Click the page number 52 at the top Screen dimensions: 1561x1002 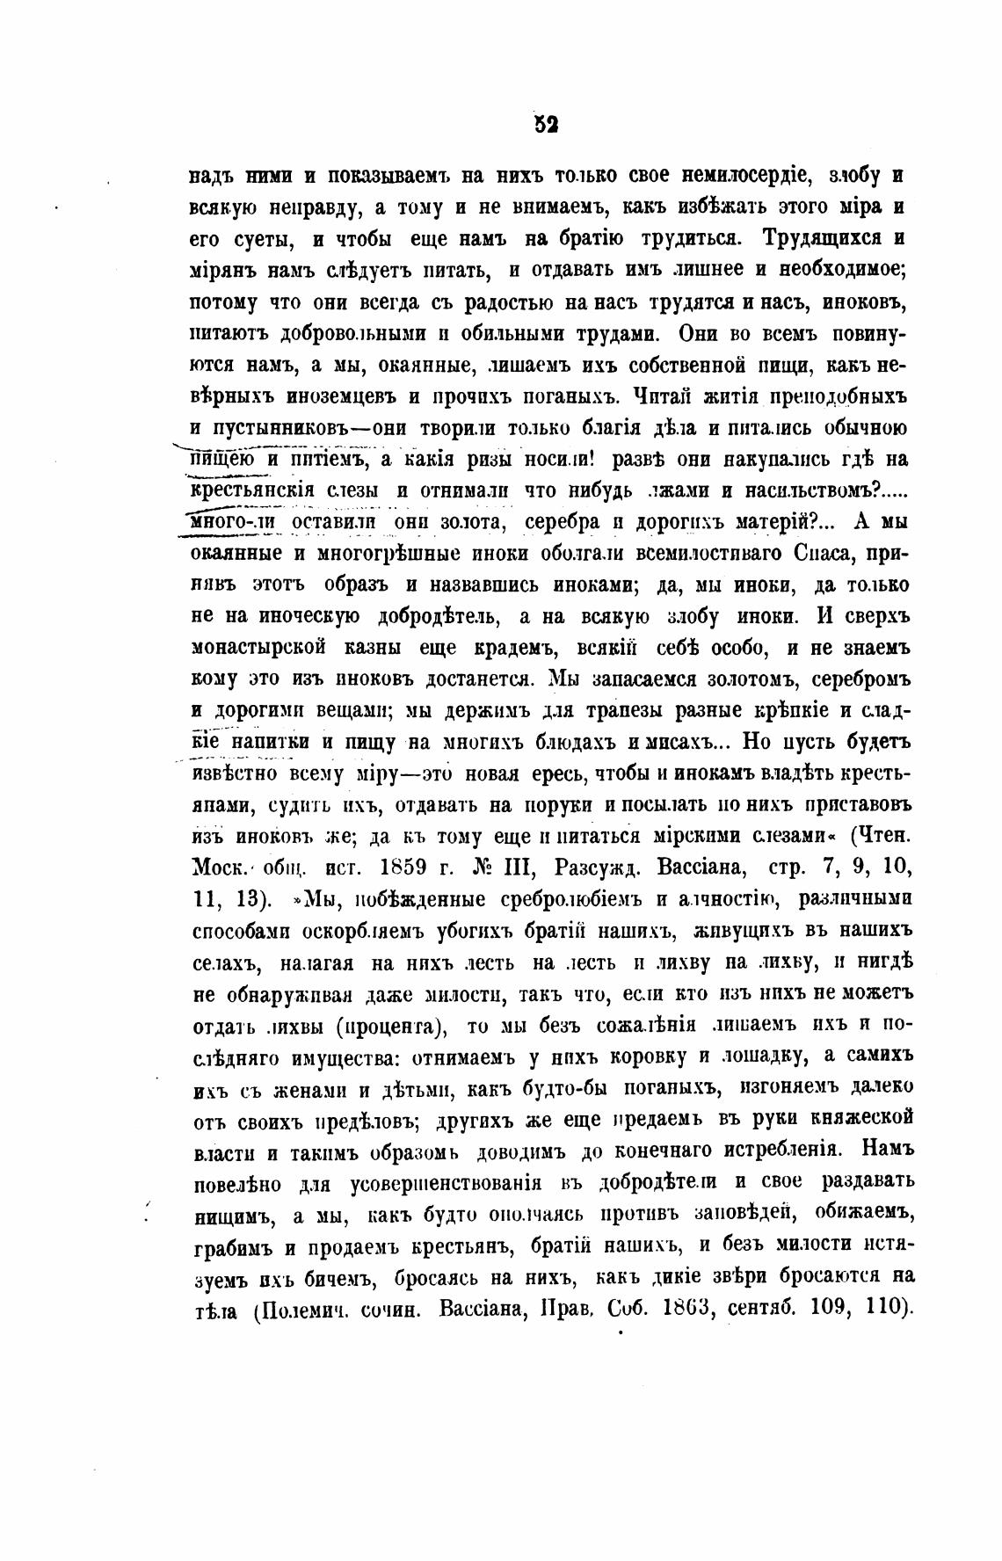546,125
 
